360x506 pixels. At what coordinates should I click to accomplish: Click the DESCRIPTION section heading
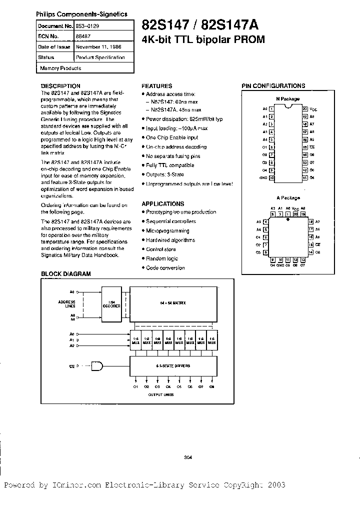coord(60,86)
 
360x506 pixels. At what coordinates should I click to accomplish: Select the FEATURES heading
coord(156,86)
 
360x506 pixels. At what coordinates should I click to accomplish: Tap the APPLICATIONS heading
coord(162,204)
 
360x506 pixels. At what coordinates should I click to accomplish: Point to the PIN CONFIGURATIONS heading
coord(273,86)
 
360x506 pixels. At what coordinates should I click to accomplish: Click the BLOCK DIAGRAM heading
coord(65,274)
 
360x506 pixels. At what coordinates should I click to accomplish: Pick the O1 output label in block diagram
coord(135,386)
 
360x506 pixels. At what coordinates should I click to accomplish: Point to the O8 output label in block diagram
coord(212,386)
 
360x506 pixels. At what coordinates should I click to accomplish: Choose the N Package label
coord(287,99)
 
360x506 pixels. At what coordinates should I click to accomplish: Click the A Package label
coord(287,198)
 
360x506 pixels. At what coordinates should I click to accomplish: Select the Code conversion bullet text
coord(165,267)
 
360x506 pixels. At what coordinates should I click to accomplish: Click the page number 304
coord(188,456)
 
